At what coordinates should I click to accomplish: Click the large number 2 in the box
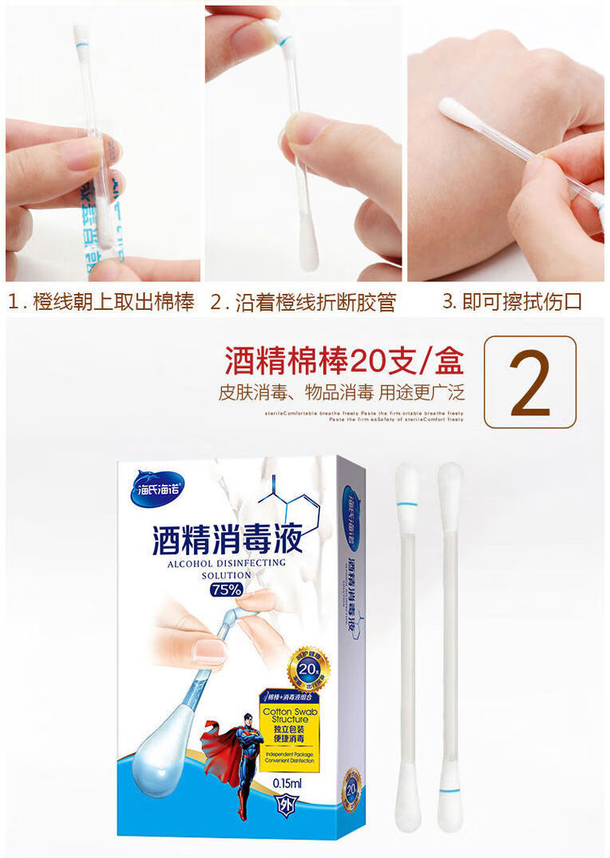[x=530, y=382]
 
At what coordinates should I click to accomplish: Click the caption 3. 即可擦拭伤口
[x=512, y=302]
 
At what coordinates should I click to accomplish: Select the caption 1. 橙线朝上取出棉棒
[x=101, y=302]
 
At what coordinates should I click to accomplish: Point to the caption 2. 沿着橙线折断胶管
[x=303, y=302]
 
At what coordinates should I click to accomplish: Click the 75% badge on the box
[x=220, y=590]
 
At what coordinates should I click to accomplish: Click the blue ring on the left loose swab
[x=407, y=504]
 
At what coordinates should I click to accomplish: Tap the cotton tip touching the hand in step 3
[x=456, y=110]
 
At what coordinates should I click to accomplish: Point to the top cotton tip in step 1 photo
[x=81, y=35]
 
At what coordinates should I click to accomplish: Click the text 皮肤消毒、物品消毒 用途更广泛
[x=341, y=393]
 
